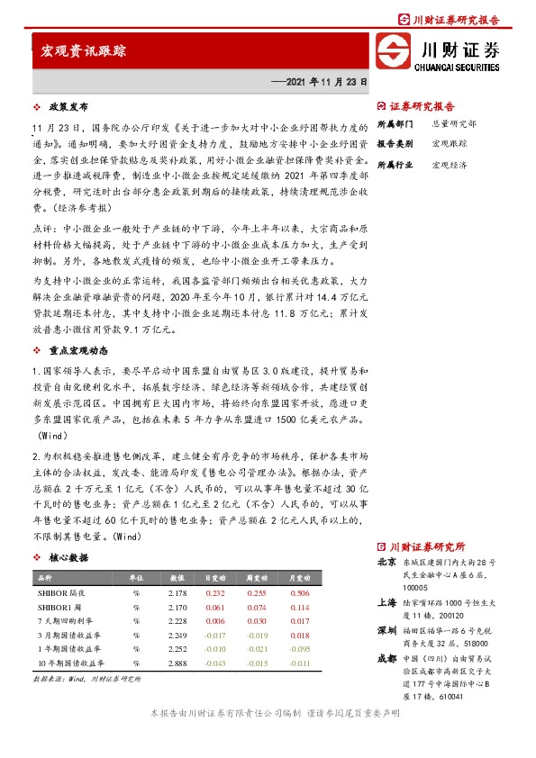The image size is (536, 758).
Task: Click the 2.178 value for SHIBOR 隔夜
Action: (177, 592)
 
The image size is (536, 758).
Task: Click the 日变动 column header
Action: (214, 578)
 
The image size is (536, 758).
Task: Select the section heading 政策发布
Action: (67, 106)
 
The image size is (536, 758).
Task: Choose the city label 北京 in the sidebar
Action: (387, 563)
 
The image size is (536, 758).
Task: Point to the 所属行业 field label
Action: (395, 166)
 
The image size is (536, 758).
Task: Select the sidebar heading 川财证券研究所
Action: (425, 546)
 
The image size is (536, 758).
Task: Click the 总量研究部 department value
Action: (455, 122)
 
